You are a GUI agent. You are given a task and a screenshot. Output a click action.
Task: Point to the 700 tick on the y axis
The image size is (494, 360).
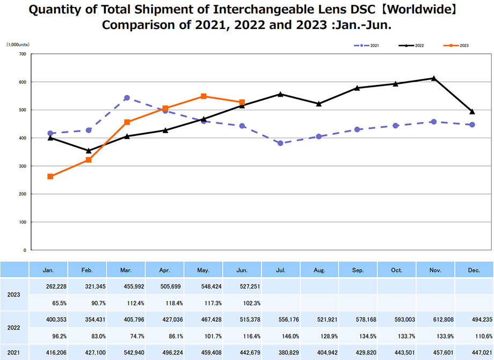tap(21, 54)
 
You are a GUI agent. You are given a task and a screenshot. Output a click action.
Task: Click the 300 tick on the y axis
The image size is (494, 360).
tap(21, 166)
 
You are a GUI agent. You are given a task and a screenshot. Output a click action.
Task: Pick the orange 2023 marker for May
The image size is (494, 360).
tap(204, 96)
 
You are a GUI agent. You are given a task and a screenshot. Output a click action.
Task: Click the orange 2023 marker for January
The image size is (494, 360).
tap(50, 176)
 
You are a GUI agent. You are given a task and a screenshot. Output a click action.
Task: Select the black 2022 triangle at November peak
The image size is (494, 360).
tap(434, 78)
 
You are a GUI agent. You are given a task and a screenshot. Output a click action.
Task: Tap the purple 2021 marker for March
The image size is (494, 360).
tap(127, 98)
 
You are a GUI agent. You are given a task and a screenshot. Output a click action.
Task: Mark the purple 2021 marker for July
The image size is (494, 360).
tap(280, 143)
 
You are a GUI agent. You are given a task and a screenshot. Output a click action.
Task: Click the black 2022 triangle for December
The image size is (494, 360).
tap(472, 112)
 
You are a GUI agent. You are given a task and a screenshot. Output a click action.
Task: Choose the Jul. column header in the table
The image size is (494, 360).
tap(281, 270)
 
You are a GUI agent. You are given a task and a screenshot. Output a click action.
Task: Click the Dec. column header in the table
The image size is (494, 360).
tap(474, 270)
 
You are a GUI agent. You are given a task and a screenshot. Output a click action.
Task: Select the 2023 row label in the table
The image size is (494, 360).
tap(14, 294)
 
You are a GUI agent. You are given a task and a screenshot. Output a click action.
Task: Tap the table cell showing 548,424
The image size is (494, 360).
tap(204, 286)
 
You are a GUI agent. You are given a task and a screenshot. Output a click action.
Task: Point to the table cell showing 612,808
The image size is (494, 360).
tap(435, 320)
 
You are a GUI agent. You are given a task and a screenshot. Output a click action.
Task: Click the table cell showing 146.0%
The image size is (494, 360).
tap(281, 336)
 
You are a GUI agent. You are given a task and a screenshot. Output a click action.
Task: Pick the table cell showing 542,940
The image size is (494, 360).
tap(126, 352)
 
